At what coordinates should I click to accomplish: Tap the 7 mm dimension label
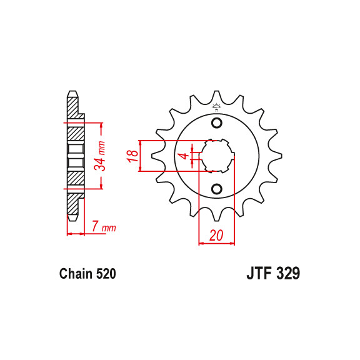(104, 227)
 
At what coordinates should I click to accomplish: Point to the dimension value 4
(182, 156)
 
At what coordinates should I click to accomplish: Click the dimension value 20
(216, 235)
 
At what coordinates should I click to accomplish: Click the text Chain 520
(87, 274)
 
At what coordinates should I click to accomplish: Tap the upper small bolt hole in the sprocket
(217, 122)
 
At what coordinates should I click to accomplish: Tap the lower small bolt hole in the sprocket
(217, 189)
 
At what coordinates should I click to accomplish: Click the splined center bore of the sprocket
(216, 156)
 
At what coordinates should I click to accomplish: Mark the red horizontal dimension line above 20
(216, 243)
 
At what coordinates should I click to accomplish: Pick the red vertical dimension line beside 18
(142, 156)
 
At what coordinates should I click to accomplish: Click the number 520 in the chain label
(105, 274)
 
